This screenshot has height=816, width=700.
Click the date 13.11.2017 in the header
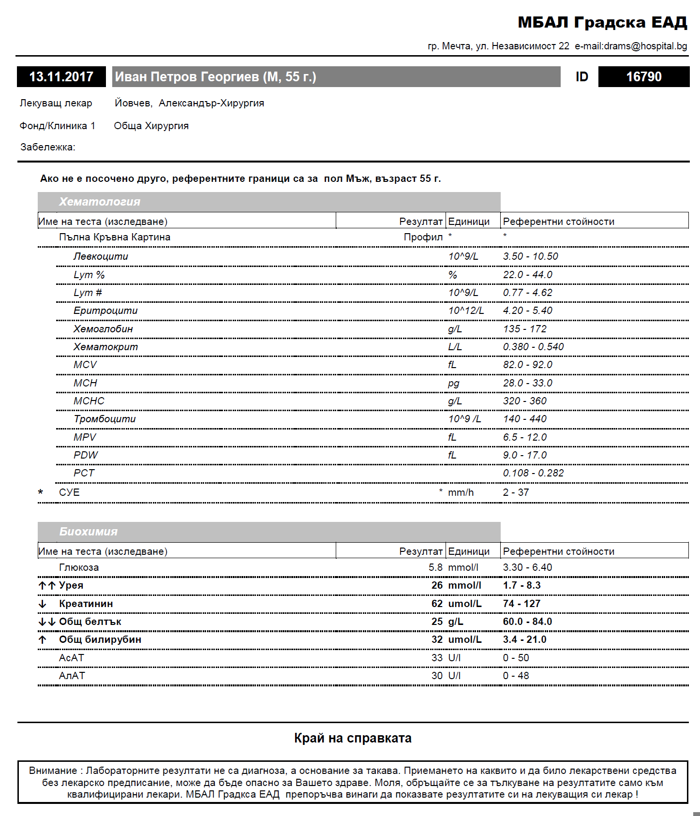click(61, 77)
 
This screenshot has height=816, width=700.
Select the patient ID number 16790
click(643, 77)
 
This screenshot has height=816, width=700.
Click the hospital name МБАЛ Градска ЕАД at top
click(602, 22)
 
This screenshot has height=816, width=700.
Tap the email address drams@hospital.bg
click(631, 46)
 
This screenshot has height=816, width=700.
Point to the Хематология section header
click(100, 202)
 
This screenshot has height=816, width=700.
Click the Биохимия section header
click(89, 532)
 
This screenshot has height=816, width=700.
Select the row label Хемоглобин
click(103, 329)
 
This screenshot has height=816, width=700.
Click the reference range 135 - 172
click(524, 329)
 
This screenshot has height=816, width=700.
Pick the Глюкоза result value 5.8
click(435, 567)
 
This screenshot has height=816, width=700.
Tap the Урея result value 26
click(437, 585)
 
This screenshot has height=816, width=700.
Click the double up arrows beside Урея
click(47, 586)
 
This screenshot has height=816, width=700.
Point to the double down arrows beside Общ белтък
click(47, 622)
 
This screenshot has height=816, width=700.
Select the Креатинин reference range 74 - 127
click(521, 604)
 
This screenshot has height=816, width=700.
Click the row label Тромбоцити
click(104, 419)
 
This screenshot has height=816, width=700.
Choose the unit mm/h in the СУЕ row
click(461, 492)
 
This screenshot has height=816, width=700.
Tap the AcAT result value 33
click(437, 658)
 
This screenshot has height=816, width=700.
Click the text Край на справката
click(353, 738)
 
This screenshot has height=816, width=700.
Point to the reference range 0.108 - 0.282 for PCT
click(533, 473)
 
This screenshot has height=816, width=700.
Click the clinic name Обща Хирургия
click(151, 126)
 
